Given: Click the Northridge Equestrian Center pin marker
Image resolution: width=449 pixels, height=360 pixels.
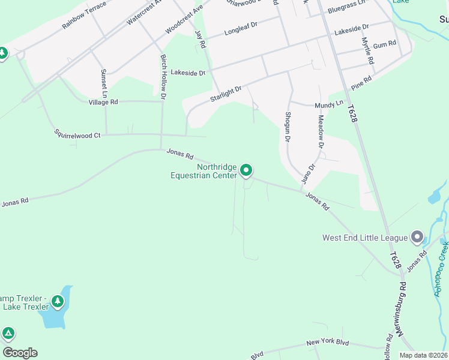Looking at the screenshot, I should tap(246, 171).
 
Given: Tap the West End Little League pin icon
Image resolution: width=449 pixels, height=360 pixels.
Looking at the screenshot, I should tap(417, 237).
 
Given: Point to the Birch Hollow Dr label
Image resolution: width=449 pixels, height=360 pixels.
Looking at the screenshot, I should tap(163, 76).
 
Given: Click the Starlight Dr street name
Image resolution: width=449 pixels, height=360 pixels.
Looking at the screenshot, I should tap(226, 94).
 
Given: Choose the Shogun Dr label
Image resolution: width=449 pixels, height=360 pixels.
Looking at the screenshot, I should tap(288, 126).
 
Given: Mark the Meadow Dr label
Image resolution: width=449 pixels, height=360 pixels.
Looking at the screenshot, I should tap(321, 131).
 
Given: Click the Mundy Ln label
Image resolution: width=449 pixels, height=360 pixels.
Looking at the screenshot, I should tap(329, 104).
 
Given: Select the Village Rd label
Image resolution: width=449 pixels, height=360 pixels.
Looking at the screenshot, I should tap(103, 102).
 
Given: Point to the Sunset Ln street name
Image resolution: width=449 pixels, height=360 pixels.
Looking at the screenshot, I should tap(104, 83).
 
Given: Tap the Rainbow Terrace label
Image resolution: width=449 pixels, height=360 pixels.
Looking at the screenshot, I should tap(84, 16).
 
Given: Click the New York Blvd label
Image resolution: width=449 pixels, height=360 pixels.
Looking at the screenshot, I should tap(327, 343).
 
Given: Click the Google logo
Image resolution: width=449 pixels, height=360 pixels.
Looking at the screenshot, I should tap(20, 353).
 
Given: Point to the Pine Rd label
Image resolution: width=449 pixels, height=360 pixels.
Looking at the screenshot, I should tap(362, 83).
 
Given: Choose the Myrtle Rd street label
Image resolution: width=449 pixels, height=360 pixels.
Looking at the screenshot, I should tap(367, 52).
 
